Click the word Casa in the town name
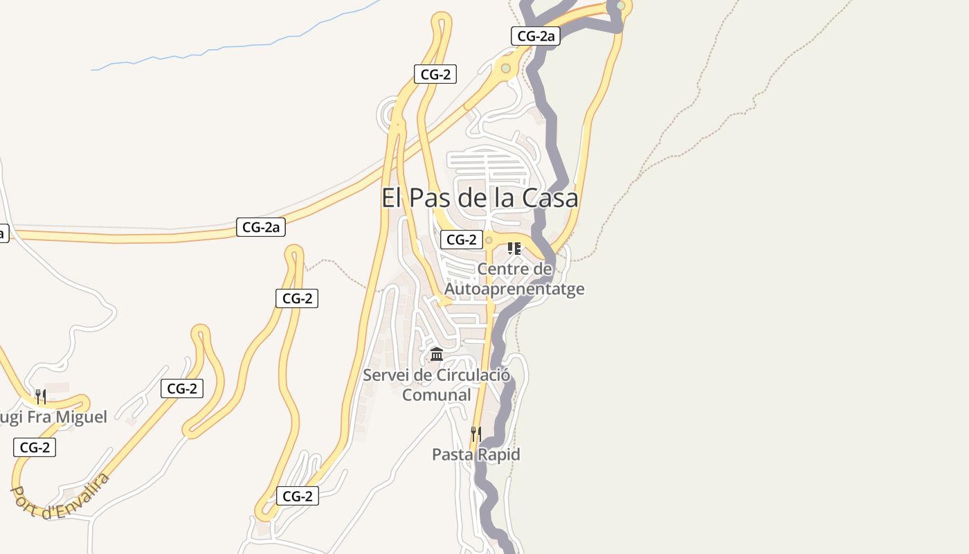pos(550,198)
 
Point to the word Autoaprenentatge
pos(514,289)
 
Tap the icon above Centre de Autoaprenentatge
pos(514,249)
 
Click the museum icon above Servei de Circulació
pos(437,355)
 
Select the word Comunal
pos(437,395)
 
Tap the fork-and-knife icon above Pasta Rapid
pos(476,434)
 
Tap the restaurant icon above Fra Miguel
pos(41,397)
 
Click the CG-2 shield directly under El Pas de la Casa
pos(462,240)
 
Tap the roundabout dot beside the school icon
pos(489,240)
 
